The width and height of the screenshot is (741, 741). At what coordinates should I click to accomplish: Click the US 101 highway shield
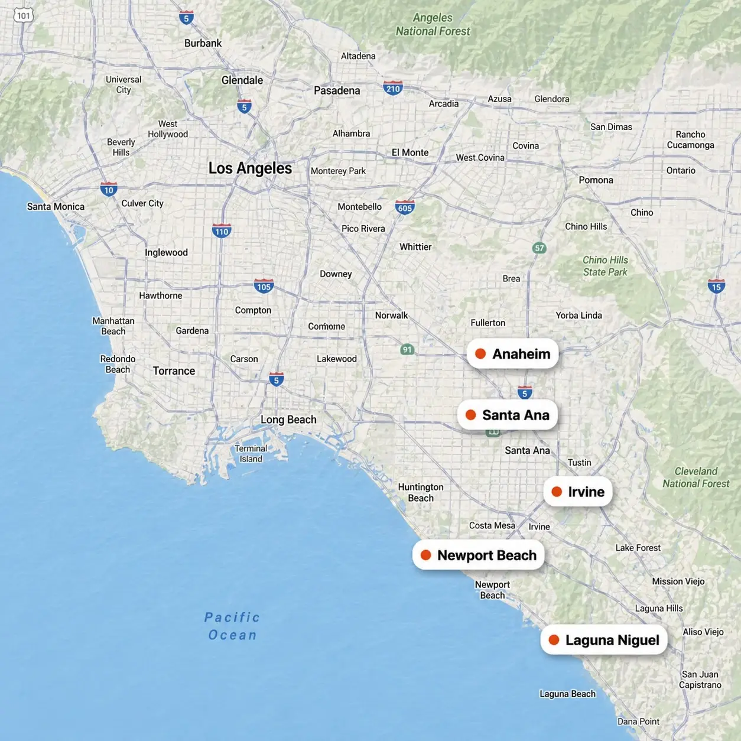click(x=23, y=15)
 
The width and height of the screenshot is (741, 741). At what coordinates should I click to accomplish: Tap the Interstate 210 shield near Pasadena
click(x=393, y=89)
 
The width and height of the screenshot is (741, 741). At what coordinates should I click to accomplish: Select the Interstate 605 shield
click(x=405, y=207)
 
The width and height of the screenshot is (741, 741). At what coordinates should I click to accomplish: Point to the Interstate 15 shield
click(x=716, y=287)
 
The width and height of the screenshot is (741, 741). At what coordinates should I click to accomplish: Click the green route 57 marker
click(x=539, y=248)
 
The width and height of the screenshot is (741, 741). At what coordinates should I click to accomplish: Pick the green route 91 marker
click(x=407, y=349)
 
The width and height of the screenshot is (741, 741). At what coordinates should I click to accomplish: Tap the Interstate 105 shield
click(x=264, y=287)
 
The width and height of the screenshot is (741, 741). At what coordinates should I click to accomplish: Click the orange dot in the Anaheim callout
click(x=480, y=353)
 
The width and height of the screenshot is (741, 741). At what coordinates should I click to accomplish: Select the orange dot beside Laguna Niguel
click(x=554, y=640)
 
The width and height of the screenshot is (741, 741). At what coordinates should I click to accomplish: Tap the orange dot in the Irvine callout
click(x=557, y=492)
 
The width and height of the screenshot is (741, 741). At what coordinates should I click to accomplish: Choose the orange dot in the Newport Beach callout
click(x=425, y=555)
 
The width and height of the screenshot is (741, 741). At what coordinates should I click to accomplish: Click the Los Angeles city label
click(x=250, y=168)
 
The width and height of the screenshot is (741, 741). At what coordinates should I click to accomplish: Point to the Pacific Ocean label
click(x=232, y=626)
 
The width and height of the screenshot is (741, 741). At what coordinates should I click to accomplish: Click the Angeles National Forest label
click(x=433, y=25)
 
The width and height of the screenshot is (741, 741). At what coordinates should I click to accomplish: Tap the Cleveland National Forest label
click(x=695, y=477)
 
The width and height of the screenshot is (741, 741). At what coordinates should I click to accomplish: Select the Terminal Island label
click(x=251, y=453)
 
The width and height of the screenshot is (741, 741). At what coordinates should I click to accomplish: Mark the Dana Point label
click(x=638, y=721)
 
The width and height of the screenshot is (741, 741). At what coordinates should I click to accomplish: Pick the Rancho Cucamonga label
click(x=690, y=139)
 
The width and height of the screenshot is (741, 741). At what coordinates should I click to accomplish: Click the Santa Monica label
click(x=56, y=206)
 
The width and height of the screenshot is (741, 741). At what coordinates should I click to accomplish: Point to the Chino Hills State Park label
click(x=605, y=266)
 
